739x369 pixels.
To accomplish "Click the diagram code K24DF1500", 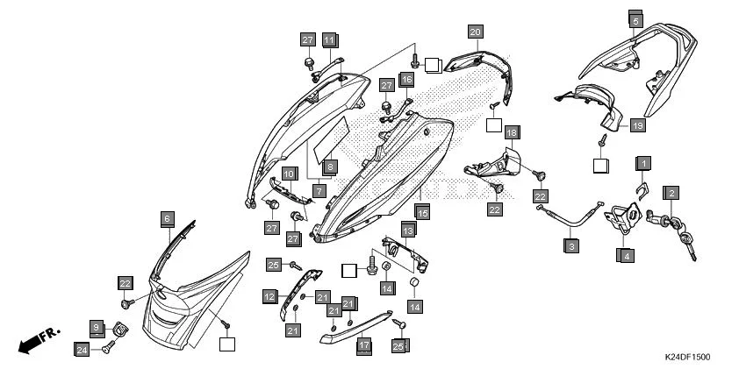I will pos(686,358).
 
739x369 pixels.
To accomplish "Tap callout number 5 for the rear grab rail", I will pos(635,18).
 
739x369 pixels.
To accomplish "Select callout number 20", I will pos(475,32).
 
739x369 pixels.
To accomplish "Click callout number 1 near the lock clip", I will pos(643,164).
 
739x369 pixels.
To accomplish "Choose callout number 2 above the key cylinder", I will pos(671,193).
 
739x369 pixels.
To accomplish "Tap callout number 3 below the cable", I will pos(571,246).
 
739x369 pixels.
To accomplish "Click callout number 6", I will pos(167,217).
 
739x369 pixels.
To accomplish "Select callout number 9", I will pos(97,326).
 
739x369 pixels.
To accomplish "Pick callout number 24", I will pos(81,349).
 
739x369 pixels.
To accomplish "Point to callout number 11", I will pos(329,40).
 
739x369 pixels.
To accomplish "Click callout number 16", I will pos(406,80).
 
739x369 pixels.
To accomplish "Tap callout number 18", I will pos(512,132).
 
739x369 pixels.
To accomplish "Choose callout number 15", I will pos(422,212).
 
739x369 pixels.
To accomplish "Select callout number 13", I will pos(408,230).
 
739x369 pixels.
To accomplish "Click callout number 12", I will pos(269,297).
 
